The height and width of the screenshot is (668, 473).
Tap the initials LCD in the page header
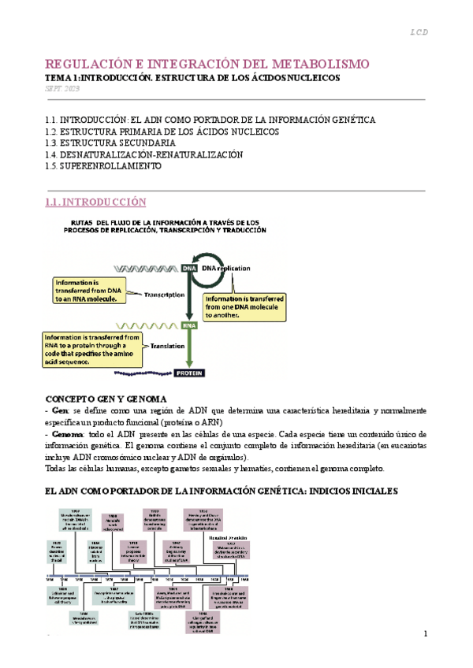[419, 33]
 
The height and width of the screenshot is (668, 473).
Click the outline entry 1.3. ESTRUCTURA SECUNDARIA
[111, 143]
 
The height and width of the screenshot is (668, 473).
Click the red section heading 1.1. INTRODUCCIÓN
[96, 202]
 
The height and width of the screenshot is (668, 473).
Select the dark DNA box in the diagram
[190, 268]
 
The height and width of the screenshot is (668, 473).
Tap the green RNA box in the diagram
[190, 323]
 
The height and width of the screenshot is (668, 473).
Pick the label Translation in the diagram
[162, 344]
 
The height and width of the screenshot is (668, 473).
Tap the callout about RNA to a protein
[91, 348]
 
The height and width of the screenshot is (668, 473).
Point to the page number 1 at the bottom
[425, 635]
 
